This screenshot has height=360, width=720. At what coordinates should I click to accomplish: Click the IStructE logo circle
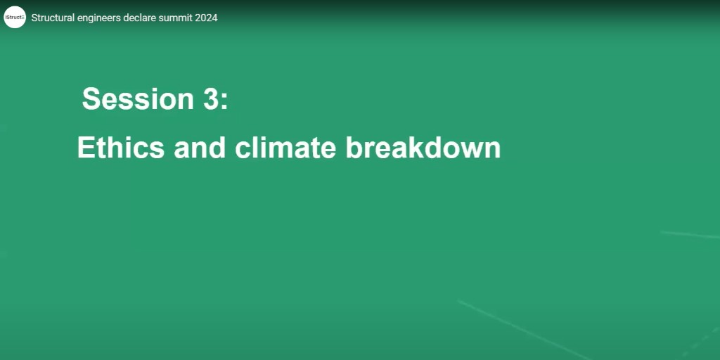point(15,17)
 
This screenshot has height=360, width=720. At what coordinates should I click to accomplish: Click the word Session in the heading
point(133,99)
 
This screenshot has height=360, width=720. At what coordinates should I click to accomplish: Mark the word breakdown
point(423,148)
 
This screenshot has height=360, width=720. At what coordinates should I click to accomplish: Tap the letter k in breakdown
point(420,148)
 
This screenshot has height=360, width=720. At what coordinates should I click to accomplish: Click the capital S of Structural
point(34,18)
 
